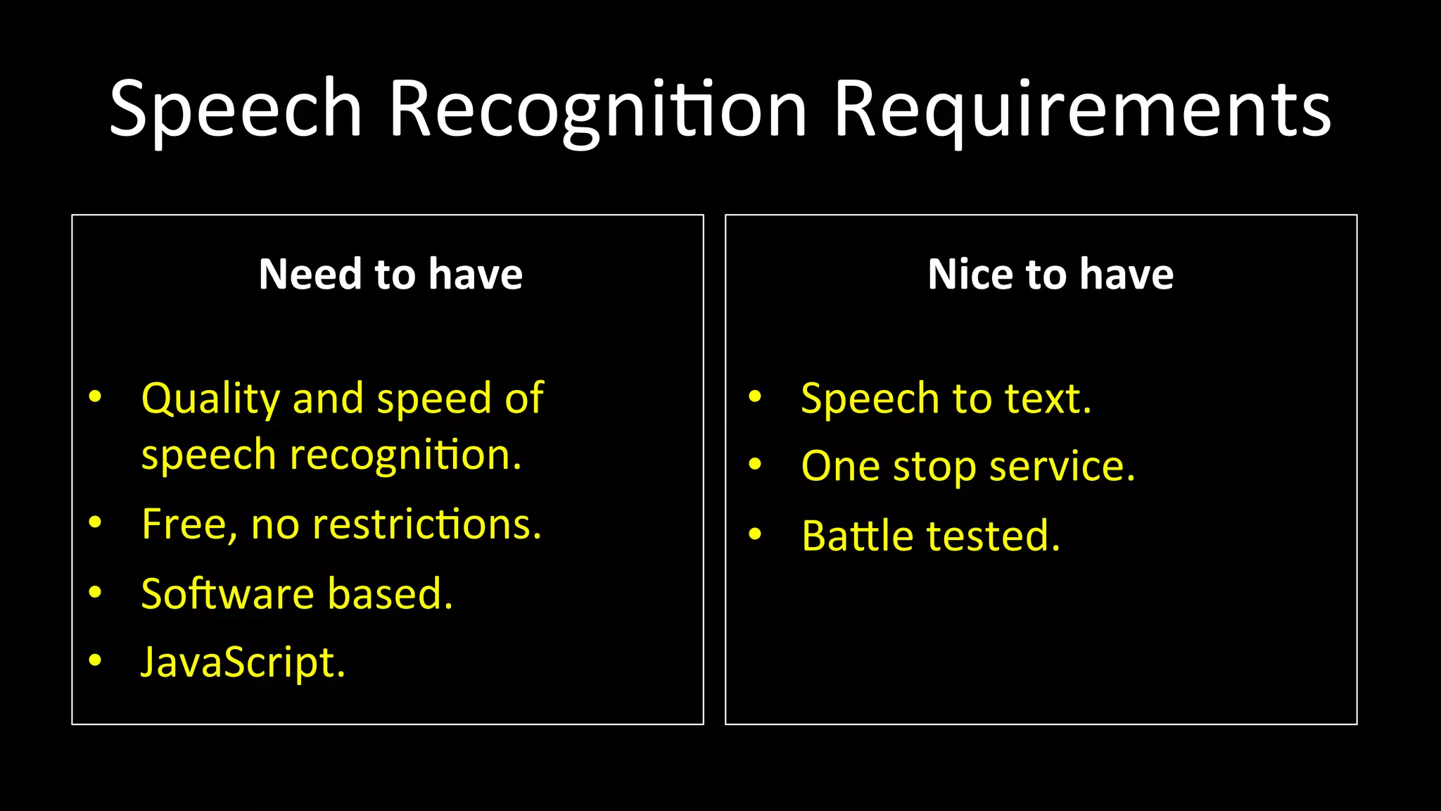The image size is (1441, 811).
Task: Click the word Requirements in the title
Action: (1082, 109)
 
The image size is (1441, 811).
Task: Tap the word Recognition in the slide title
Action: (597, 109)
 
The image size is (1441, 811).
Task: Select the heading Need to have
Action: (391, 274)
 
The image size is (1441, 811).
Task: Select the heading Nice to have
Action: (1050, 274)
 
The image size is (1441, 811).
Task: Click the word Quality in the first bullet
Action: (210, 399)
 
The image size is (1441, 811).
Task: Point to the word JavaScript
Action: (243, 663)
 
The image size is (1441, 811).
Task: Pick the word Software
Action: (227, 593)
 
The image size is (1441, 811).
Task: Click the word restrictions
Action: (427, 524)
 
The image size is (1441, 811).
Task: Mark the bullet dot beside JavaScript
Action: (95, 660)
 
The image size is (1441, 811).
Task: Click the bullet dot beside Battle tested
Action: (755, 534)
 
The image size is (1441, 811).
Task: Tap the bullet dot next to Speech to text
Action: (755, 396)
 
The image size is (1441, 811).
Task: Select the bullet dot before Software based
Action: (95, 592)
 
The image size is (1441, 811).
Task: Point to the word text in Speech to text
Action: (1048, 398)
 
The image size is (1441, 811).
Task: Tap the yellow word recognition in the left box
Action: (405, 455)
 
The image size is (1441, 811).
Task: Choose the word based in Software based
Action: (390, 593)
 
